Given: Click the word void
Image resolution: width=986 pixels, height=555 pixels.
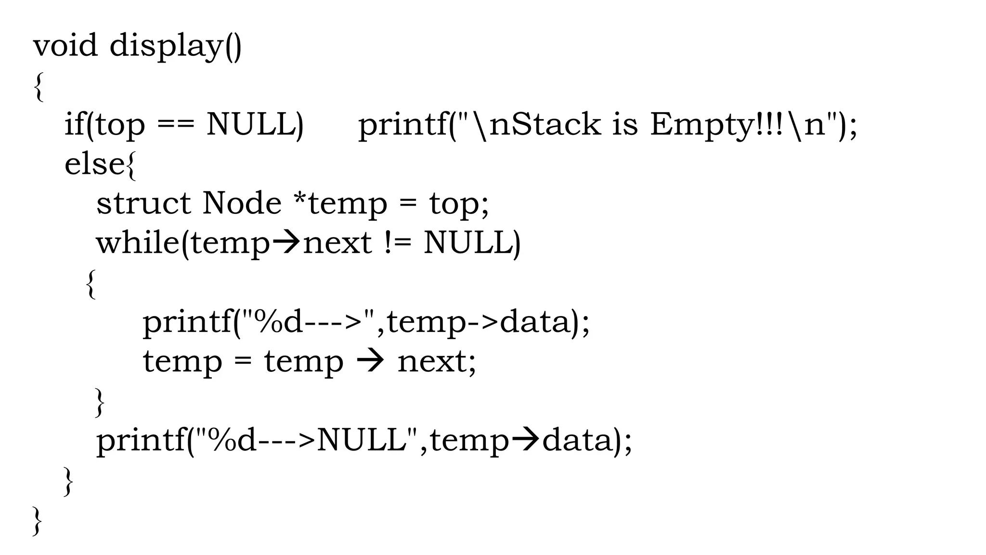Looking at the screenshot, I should pyautogui.click(x=65, y=46).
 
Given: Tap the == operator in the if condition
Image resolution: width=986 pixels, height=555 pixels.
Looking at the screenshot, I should pyautogui.click(x=176, y=125).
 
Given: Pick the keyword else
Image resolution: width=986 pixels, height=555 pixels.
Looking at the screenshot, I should pyautogui.click(x=94, y=164).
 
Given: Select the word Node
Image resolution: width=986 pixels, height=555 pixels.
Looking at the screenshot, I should pyautogui.click(x=242, y=203).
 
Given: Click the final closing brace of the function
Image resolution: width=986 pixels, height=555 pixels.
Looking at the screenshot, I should pyautogui.click(x=37, y=521).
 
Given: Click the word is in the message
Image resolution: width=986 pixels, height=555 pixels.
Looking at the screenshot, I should pyautogui.click(x=625, y=124).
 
